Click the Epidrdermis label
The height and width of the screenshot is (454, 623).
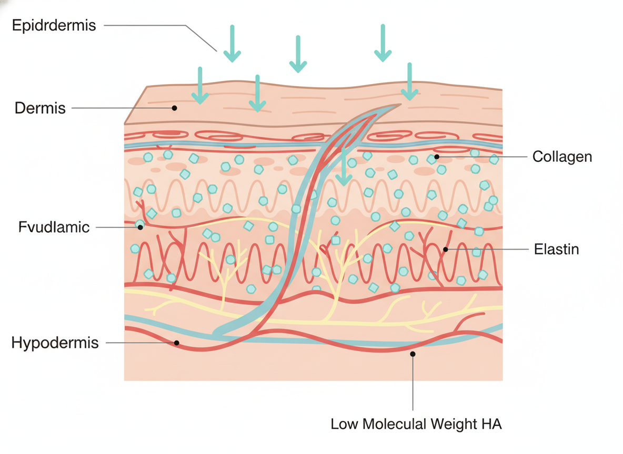(54, 25)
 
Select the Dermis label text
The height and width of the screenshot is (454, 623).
(41, 108)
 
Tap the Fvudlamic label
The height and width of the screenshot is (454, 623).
(54, 228)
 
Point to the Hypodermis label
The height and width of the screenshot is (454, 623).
(55, 343)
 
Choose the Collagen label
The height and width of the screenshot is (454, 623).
(562, 157)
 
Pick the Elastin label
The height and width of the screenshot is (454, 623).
(556, 249)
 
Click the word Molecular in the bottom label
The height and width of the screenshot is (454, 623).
(386, 424)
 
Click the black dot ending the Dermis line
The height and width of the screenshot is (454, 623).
(174, 108)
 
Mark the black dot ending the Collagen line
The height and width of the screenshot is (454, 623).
(437, 157)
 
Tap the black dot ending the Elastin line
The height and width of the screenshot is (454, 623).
(446, 249)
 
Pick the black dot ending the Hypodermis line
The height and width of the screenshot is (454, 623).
(177, 343)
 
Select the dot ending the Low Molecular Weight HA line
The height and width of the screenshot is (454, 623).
(413, 354)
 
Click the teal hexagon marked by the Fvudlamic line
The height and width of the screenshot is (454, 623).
(139, 225)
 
